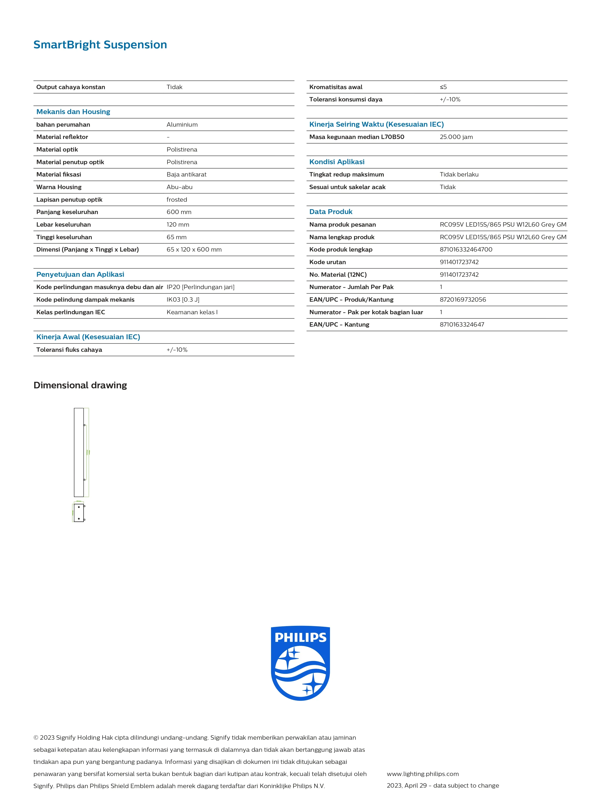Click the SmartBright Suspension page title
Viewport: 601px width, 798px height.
tap(100, 45)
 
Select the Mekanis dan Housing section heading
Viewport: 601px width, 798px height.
tap(73, 112)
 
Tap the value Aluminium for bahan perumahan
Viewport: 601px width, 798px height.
tap(182, 124)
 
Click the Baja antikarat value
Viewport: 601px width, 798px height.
tap(186, 175)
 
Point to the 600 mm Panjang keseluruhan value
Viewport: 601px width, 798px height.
tap(179, 212)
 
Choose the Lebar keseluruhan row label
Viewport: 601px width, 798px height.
tap(63, 225)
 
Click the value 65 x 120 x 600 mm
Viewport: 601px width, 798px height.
tap(194, 250)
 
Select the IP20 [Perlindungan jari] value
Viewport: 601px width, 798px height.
tap(200, 287)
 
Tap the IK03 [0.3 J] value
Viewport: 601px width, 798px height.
tap(183, 300)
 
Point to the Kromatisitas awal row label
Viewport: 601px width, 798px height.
tap(336, 87)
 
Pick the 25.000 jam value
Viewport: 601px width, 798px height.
tap(456, 137)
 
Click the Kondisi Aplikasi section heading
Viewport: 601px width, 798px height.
tap(337, 162)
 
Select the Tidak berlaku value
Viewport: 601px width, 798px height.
tap(459, 175)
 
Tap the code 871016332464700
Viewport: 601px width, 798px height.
tap(466, 250)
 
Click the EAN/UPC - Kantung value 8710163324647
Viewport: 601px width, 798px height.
tap(462, 325)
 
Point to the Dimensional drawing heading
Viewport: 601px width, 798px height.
tap(80, 385)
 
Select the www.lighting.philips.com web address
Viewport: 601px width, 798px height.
tap(422, 774)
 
